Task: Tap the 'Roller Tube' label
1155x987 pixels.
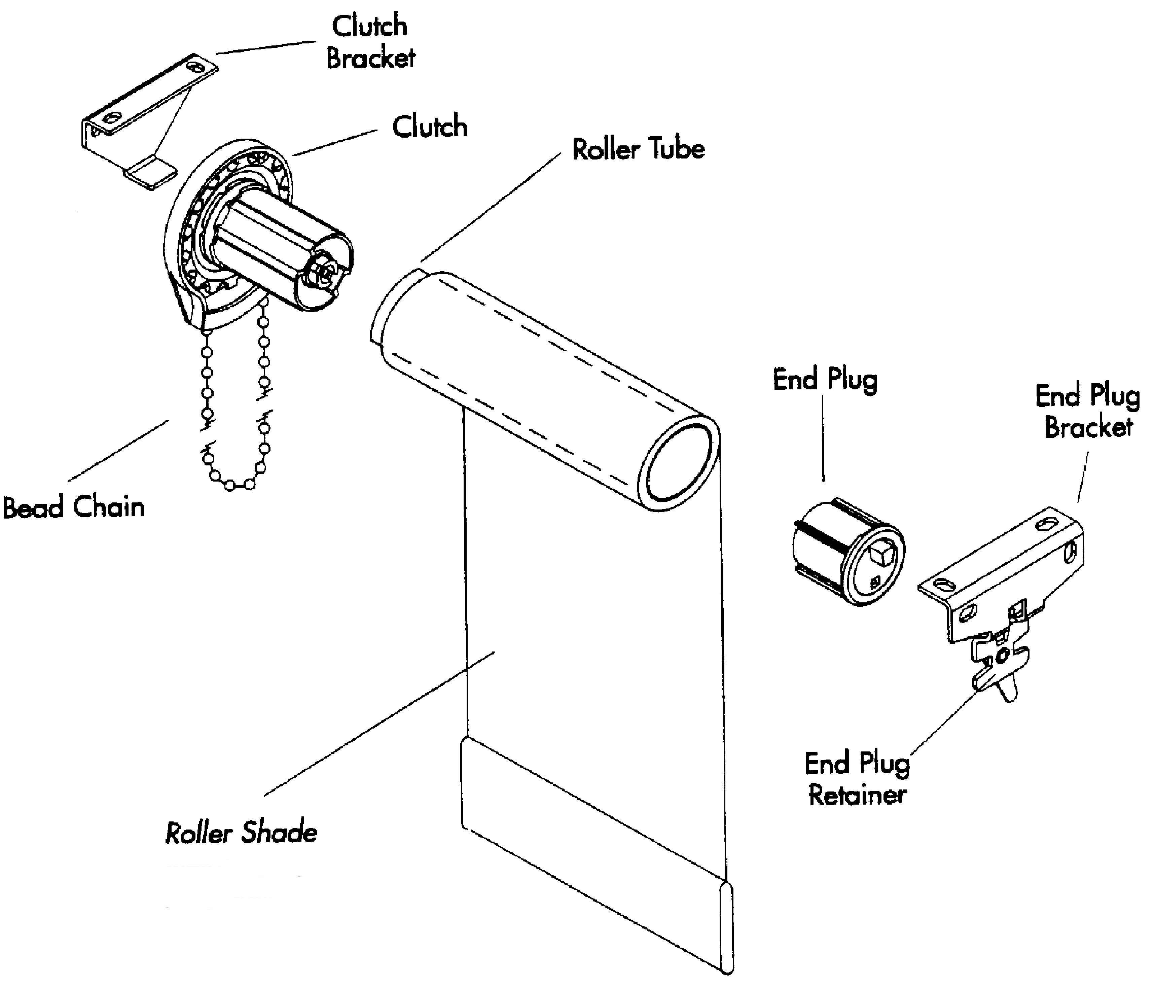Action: tap(638, 149)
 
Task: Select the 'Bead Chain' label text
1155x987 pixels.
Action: tap(74, 507)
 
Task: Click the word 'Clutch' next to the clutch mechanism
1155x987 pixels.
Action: tap(429, 127)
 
